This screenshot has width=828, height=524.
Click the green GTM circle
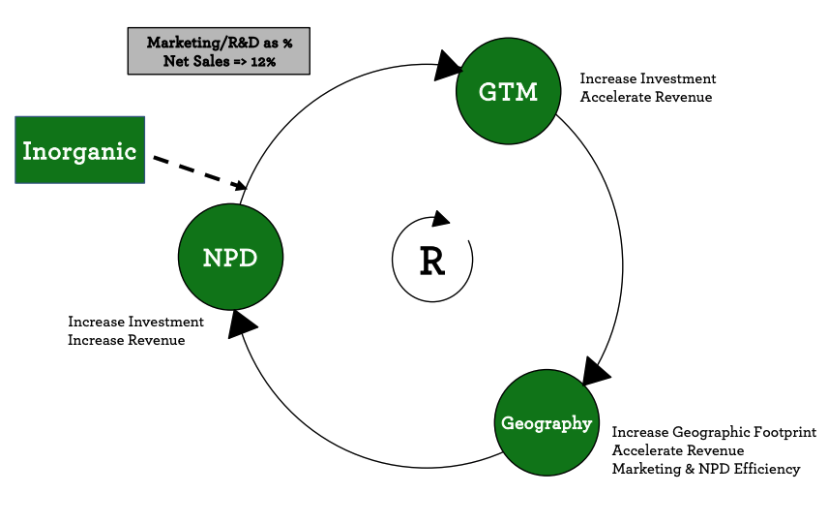coord(507,92)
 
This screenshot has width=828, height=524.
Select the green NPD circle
coord(230,257)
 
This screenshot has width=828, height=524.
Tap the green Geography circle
coord(546,423)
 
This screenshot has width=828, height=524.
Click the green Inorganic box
coord(80,150)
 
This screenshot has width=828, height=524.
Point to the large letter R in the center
coord(431,262)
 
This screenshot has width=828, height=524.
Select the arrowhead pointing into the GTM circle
coord(448,65)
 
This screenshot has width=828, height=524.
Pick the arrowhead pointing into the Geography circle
coord(595,370)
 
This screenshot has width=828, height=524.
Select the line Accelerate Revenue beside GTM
coord(646,97)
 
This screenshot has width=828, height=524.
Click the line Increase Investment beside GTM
coord(648,78)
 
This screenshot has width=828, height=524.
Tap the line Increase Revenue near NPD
coord(126,340)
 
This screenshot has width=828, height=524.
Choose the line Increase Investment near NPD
coord(135,322)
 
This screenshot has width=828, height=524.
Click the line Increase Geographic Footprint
coord(714,432)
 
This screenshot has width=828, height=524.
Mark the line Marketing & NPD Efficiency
coord(706,469)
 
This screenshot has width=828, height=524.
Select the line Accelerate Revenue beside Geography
coord(678,450)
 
